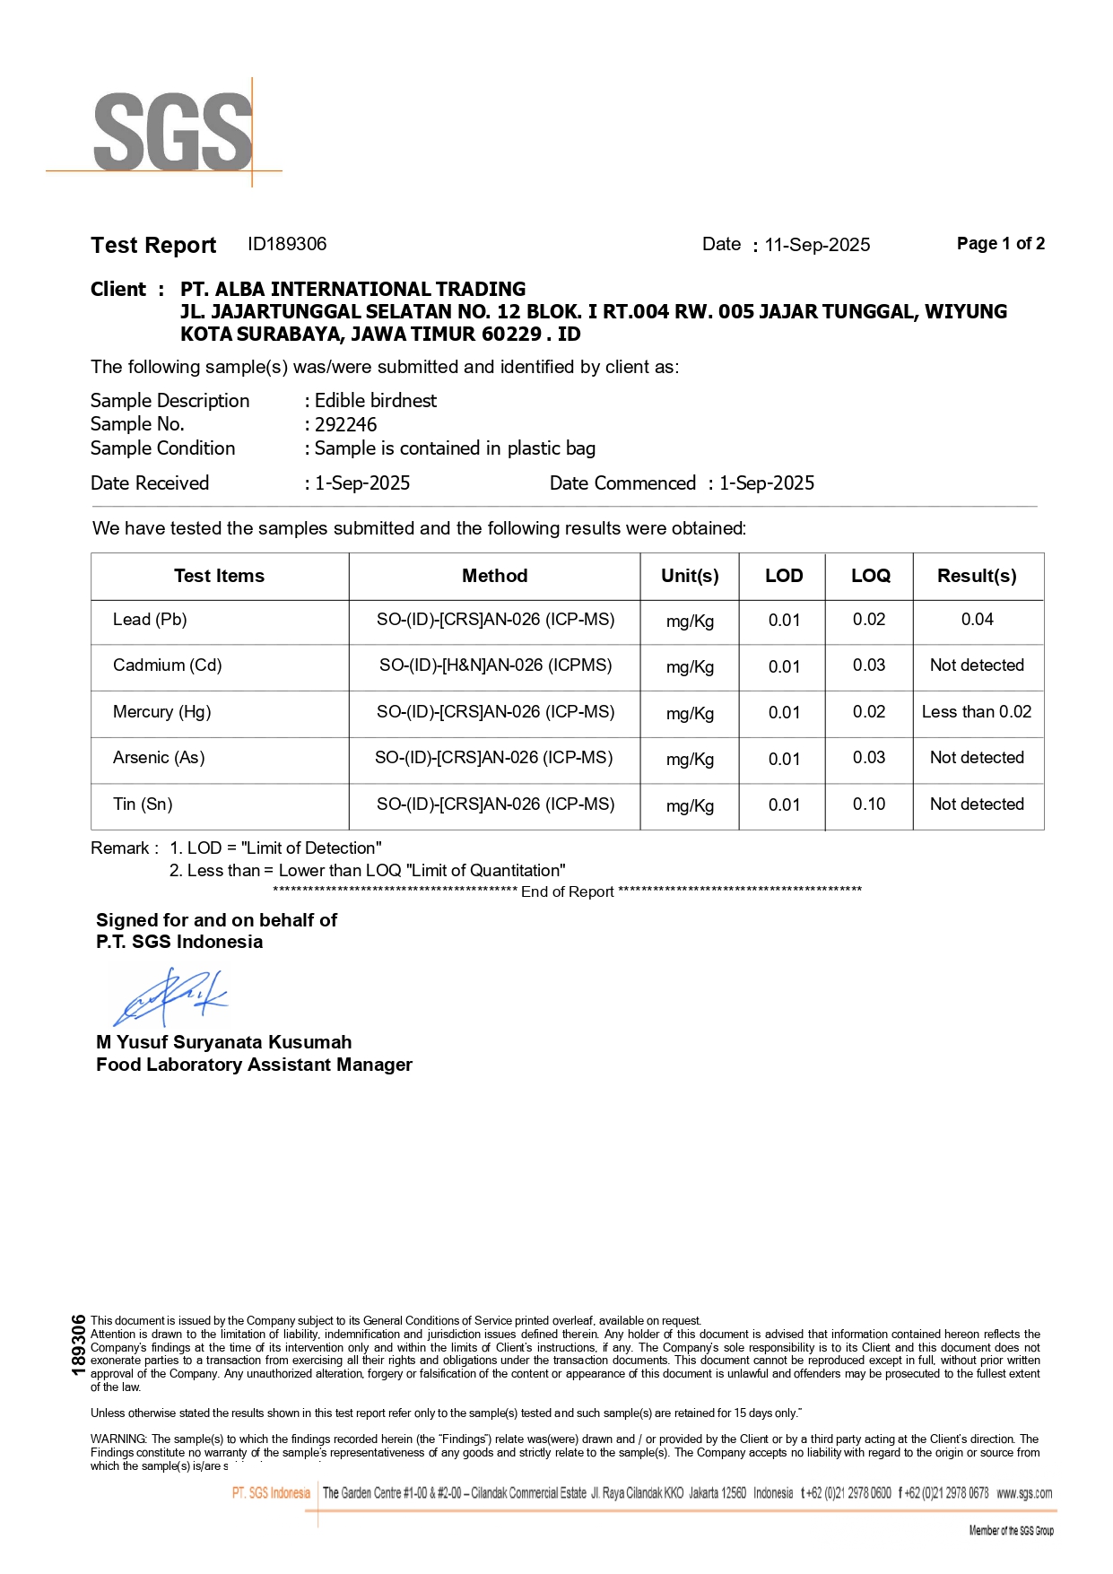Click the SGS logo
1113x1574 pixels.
click(172, 132)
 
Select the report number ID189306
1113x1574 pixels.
click(287, 244)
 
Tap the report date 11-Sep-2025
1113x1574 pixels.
click(817, 245)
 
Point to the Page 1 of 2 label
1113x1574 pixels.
click(1000, 244)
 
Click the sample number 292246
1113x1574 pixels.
click(345, 424)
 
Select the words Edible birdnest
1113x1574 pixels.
click(376, 400)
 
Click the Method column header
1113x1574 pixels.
click(494, 576)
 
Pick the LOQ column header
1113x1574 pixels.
click(870, 576)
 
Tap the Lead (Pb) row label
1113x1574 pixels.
click(150, 620)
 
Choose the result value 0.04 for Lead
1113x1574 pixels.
click(977, 620)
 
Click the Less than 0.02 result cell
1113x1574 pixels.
click(977, 712)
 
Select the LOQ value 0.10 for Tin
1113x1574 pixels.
click(868, 804)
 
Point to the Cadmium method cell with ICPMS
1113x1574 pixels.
click(495, 665)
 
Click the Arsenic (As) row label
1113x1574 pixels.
click(159, 758)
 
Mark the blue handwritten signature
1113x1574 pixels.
click(170, 996)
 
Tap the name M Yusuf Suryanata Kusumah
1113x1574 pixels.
click(223, 1042)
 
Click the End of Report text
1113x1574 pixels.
click(567, 891)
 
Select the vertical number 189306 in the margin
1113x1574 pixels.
click(78, 1344)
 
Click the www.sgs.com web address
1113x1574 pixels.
click(1024, 1493)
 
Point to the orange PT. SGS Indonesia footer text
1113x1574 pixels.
click(271, 1493)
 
